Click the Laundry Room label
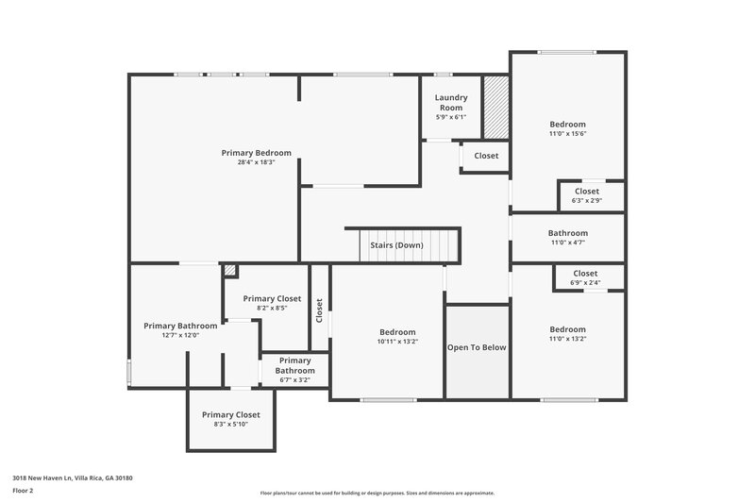click(x=450, y=103)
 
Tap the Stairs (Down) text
click(x=396, y=245)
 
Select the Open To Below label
click(x=477, y=347)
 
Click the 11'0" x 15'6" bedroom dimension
click(x=568, y=134)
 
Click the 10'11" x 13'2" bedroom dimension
click(x=397, y=342)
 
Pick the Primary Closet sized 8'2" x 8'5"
click(x=272, y=302)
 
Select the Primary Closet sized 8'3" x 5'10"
click(x=230, y=419)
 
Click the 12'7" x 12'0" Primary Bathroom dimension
click(x=179, y=335)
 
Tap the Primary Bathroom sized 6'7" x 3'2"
click(x=294, y=371)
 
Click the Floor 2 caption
click(x=23, y=491)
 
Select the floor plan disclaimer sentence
click(x=377, y=493)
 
